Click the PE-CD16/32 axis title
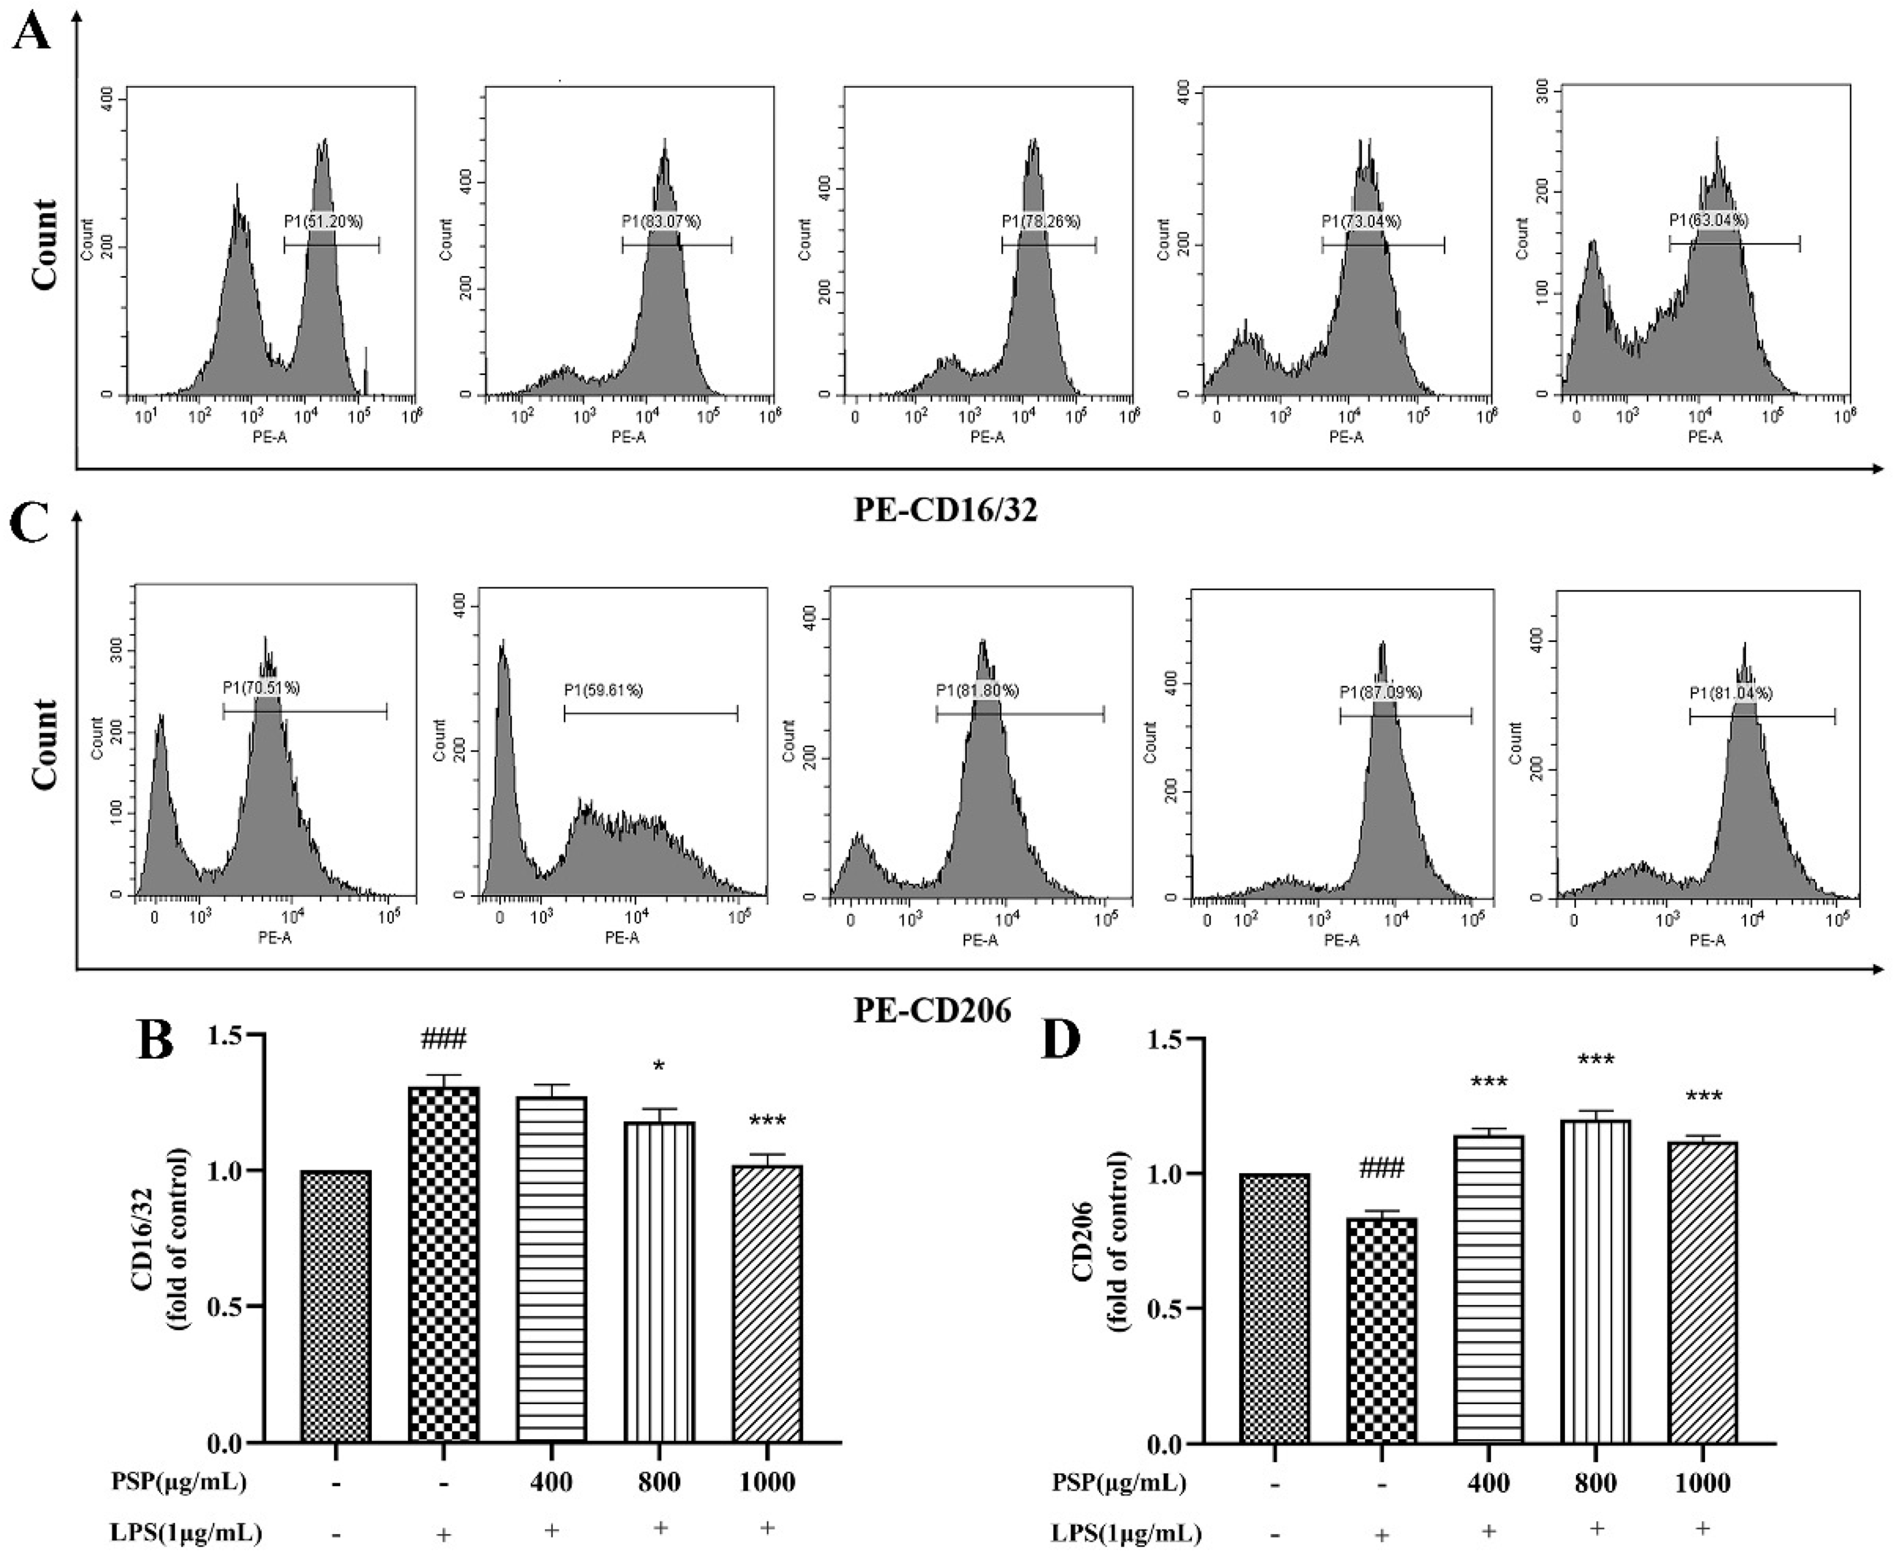945,510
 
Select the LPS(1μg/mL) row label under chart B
186,1532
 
